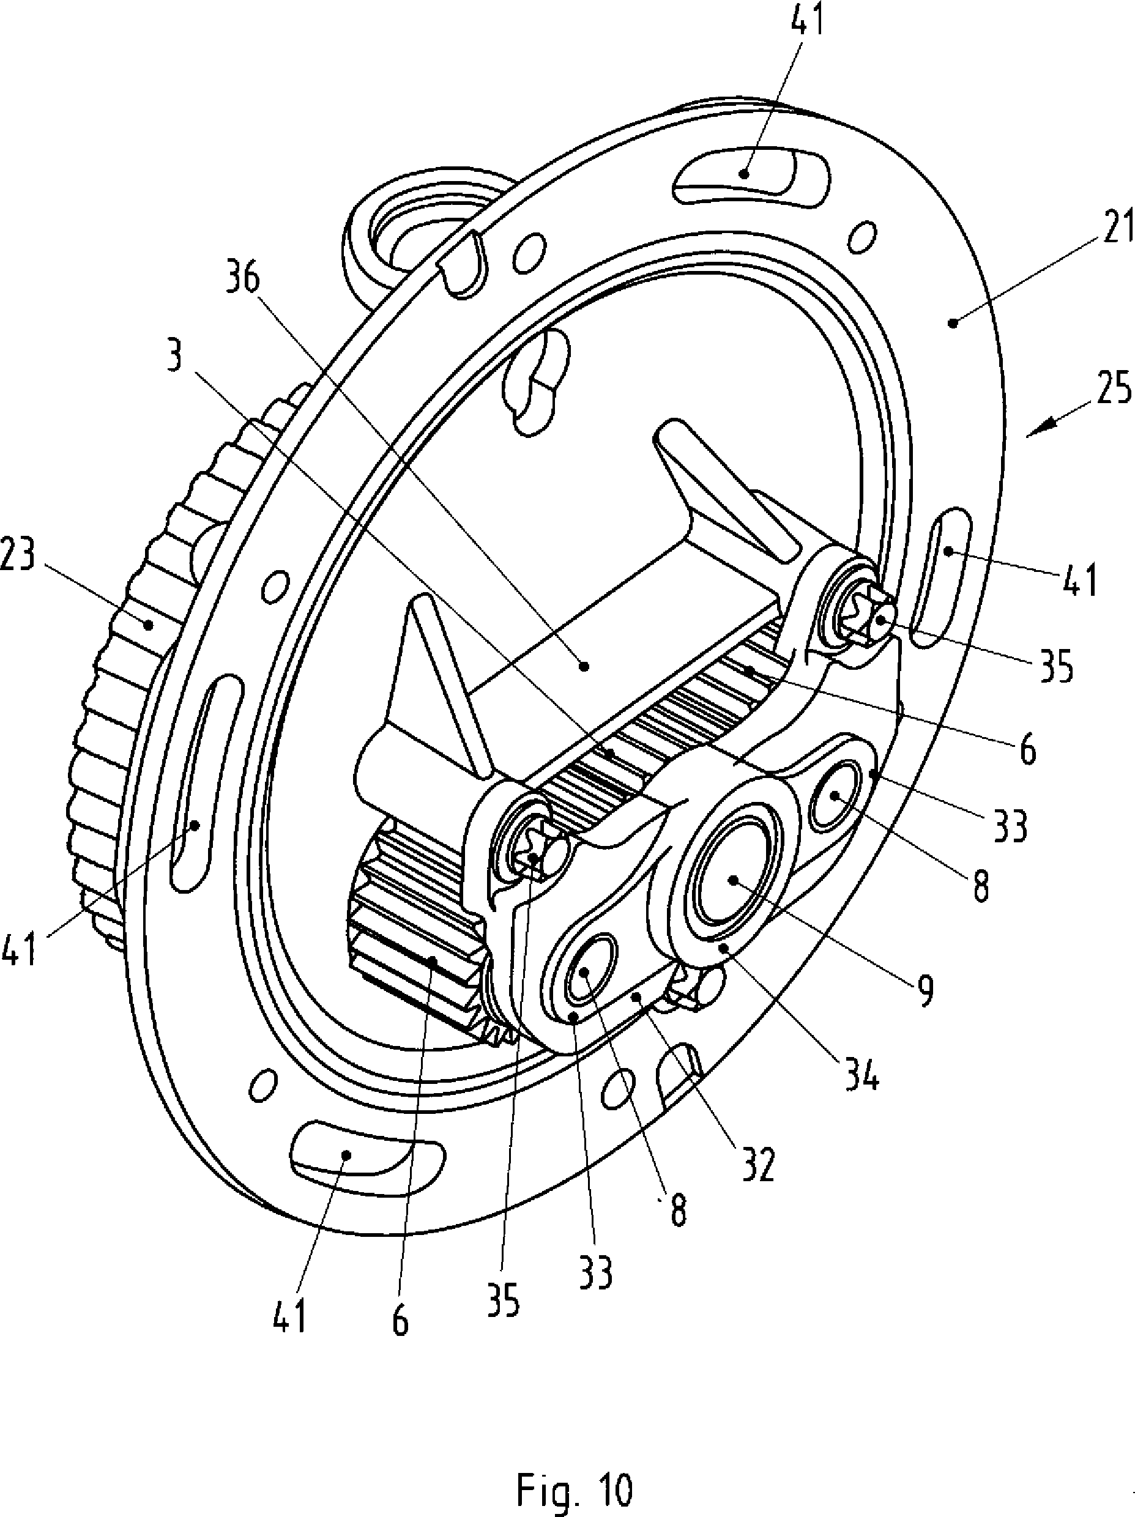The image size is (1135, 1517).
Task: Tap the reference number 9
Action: point(926,990)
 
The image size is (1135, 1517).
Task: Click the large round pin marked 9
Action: point(732,881)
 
